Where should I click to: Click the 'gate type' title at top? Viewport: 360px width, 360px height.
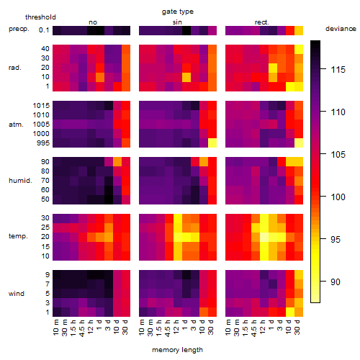pyautogui.click(x=178, y=12)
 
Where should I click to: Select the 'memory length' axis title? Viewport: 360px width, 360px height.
pyautogui.click(x=177, y=350)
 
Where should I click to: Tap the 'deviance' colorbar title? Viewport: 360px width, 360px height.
pyautogui.click(x=341, y=29)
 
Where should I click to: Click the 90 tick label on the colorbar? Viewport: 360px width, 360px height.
pyautogui.click(x=336, y=282)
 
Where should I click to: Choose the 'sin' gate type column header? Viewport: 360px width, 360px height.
pyautogui.click(x=177, y=22)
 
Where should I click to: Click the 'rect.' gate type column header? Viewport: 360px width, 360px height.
pyautogui.click(x=261, y=22)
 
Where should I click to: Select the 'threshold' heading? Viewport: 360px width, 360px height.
pyautogui.click(x=40, y=17)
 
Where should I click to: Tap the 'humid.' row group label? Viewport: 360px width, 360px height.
pyautogui.click(x=20, y=181)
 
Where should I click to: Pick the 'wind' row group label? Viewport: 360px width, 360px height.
pyautogui.click(x=17, y=294)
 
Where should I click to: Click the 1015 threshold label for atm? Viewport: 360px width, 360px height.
pyautogui.click(x=41, y=106)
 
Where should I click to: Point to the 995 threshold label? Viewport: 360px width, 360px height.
pyautogui.click(x=43, y=143)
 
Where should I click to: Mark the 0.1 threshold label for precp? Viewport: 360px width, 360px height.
pyautogui.click(x=44, y=30)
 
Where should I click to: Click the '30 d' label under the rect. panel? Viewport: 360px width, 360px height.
pyautogui.click(x=297, y=327)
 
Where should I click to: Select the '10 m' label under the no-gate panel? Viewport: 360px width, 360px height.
pyautogui.click(x=55, y=327)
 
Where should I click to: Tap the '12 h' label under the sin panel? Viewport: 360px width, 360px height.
pyautogui.click(x=176, y=327)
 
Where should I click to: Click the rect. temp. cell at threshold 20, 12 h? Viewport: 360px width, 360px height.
pyautogui.click(x=264, y=237)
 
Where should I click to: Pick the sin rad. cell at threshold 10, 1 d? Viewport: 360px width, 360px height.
pyautogui.click(x=186, y=77)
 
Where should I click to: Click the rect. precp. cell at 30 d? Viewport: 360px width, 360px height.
pyautogui.click(x=299, y=30)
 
